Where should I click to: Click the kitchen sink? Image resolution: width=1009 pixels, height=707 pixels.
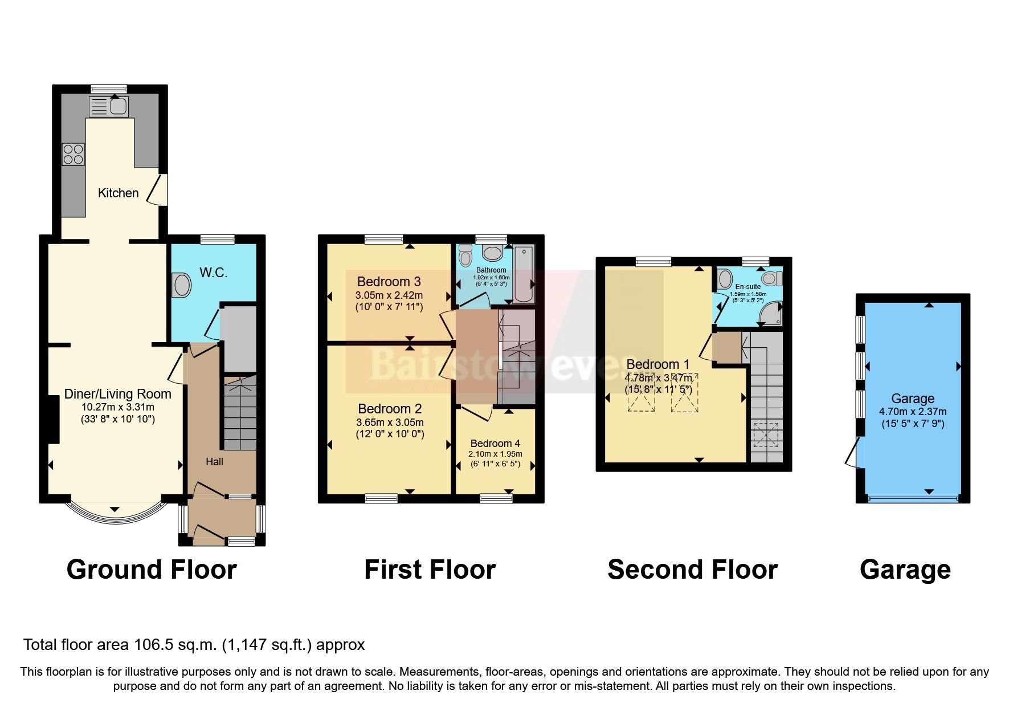click(x=109, y=106)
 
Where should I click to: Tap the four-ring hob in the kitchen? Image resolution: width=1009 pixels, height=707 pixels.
click(x=73, y=154)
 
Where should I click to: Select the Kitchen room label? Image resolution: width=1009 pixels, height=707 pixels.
click(x=118, y=193)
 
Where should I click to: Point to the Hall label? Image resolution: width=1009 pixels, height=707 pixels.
click(x=214, y=462)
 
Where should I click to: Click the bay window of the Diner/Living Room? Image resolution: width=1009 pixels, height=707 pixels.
click(x=116, y=515)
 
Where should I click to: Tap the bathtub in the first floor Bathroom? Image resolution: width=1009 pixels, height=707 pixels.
click(x=524, y=274)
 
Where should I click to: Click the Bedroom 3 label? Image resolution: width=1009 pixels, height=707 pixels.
click(x=389, y=282)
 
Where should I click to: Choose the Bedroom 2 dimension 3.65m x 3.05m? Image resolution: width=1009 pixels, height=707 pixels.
click(x=390, y=422)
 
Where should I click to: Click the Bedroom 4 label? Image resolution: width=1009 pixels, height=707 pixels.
click(x=495, y=444)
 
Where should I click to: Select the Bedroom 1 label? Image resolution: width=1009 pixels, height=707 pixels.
click(x=657, y=364)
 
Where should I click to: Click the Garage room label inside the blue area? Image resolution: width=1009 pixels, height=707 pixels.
click(x=913, y=399)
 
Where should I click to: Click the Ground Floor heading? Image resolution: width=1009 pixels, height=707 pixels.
click(x=152, y=570)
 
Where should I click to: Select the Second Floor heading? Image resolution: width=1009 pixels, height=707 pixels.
click(x=692, y=570)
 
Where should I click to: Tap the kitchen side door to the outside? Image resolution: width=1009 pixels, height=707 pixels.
click(x=157, y=190)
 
